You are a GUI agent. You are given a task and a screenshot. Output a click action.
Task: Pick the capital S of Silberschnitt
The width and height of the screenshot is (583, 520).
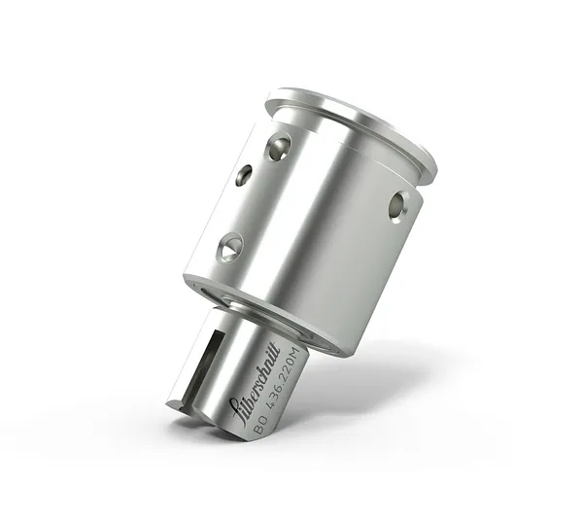tap(232, 405)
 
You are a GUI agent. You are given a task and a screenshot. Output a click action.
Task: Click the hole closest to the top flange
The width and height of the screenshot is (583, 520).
tap(279, 147)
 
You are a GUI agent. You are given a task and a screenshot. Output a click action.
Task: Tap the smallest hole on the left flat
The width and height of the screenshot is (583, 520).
tap(243, 175)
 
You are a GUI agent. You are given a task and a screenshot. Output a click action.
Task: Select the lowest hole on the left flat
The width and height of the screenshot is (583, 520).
tap(230, 247)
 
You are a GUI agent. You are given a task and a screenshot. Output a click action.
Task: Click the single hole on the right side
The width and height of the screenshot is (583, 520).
tap(396, 204)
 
